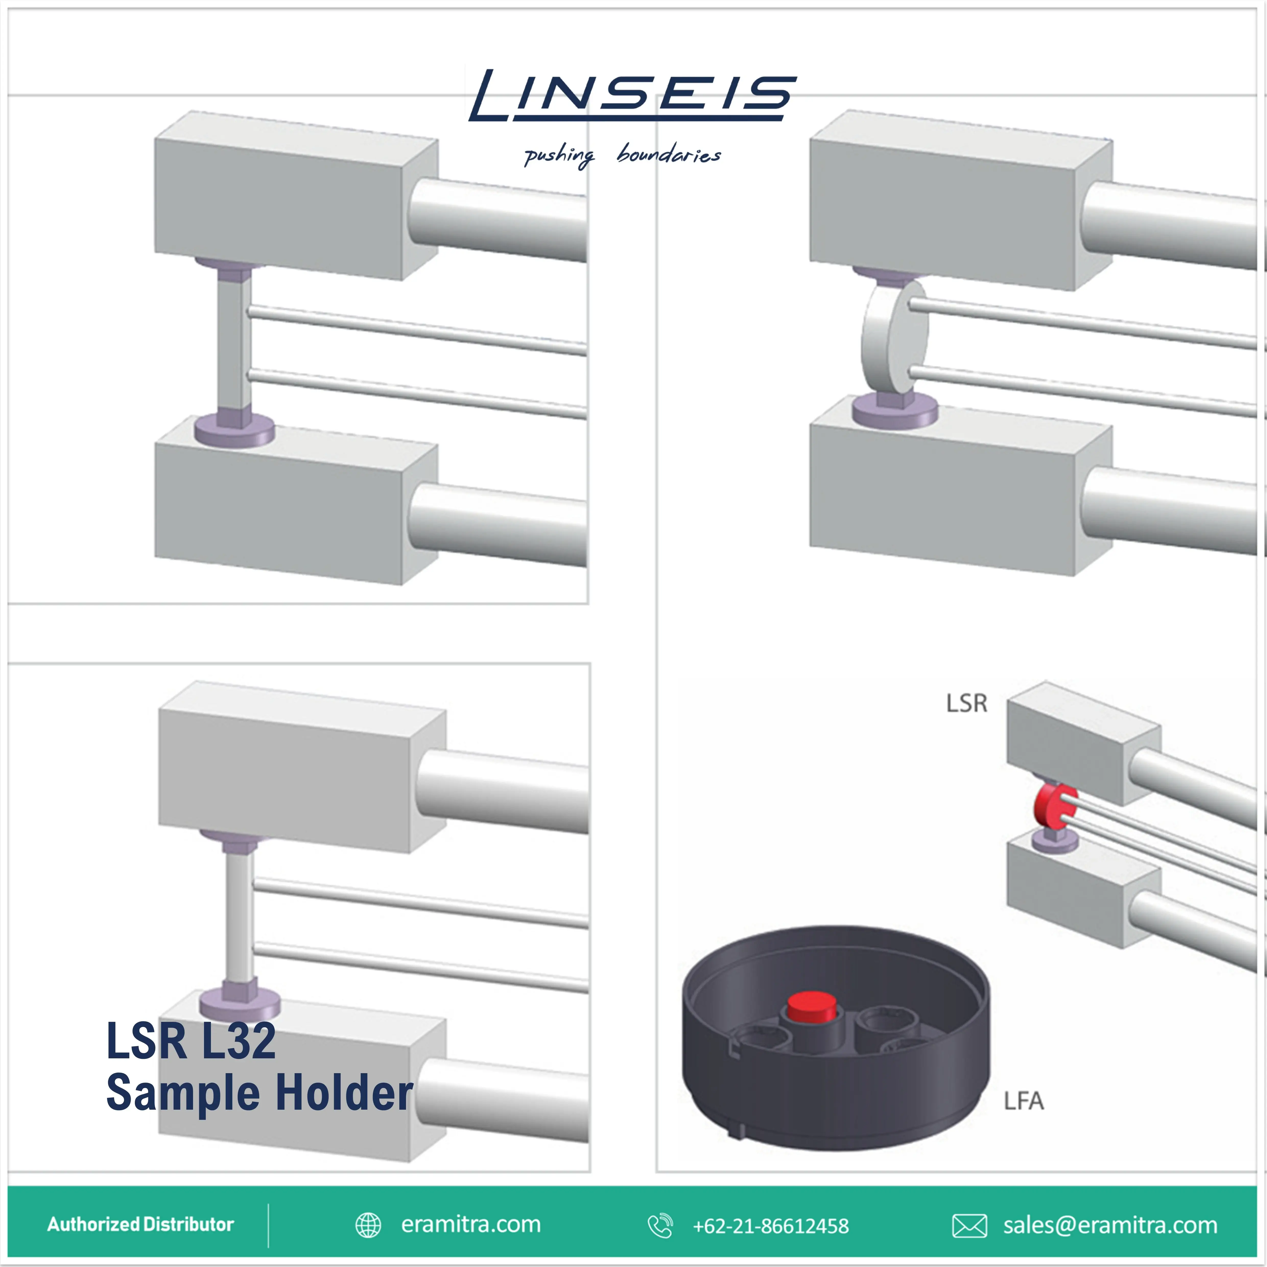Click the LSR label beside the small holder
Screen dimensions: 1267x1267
(966, 703)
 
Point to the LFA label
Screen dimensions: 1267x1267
(1023, 1100)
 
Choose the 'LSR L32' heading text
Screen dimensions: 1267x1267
(191, 1041)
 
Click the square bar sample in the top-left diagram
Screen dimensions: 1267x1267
(234, 341)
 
